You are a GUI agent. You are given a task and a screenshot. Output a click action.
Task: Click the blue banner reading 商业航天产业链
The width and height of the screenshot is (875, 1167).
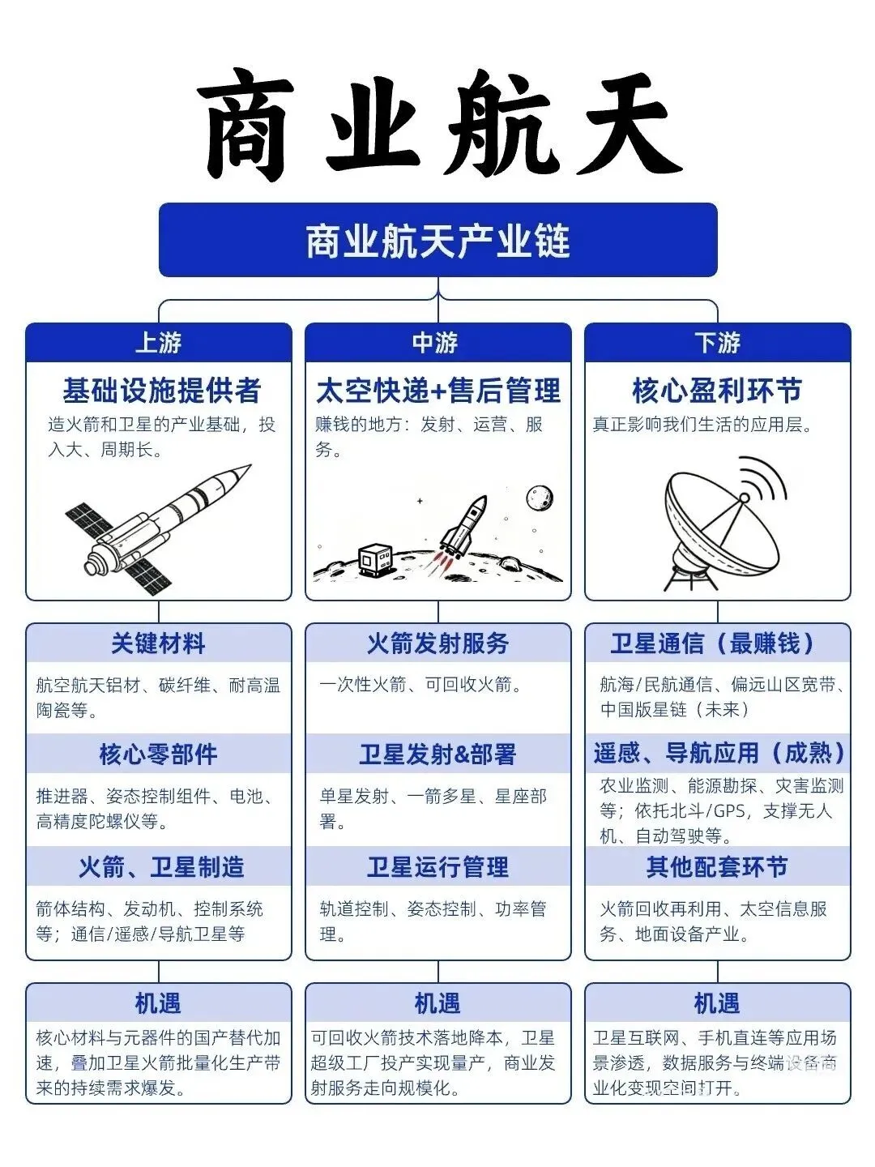(x=437, y=240)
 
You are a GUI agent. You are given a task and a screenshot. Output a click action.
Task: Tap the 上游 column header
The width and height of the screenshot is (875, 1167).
(x=158, y=342)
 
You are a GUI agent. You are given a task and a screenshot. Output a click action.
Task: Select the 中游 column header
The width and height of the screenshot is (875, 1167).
(x=437, y=342)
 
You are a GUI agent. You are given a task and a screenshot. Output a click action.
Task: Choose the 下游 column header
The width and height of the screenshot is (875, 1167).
(x=717, y=342)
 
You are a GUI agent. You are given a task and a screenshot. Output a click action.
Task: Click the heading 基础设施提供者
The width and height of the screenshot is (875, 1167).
(x=161, y=391)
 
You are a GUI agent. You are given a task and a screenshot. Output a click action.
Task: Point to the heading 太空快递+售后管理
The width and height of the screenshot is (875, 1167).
(x=437, y=391)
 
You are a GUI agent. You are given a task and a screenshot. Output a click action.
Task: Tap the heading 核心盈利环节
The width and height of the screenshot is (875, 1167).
(x=717, y=391)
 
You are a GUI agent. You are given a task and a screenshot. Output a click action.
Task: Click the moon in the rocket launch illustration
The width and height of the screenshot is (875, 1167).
(x=540, y=498)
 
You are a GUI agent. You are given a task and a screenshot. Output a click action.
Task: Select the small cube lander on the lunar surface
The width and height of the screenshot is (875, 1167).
(x=376, y=560)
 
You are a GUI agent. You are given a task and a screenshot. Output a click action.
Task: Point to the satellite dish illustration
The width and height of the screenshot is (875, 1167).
(x=723, y=524)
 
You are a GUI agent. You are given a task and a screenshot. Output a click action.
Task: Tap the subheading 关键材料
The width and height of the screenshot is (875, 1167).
(x=158, y=643)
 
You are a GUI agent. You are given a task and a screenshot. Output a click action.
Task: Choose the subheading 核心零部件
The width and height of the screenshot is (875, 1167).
(x=158, y=754)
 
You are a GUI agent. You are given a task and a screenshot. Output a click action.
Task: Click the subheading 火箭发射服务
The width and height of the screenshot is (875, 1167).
(x=437, y=643)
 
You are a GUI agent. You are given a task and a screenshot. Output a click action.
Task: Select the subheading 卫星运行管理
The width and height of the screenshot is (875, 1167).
(x=437, y=866)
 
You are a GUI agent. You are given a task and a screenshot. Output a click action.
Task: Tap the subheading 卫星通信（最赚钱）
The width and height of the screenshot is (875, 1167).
(x=713, y=643)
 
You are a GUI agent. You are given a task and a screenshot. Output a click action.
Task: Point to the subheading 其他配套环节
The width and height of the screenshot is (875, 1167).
(x=717, y=866)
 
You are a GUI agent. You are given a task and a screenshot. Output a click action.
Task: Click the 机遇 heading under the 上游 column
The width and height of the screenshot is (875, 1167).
(x=158, y=1003)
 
